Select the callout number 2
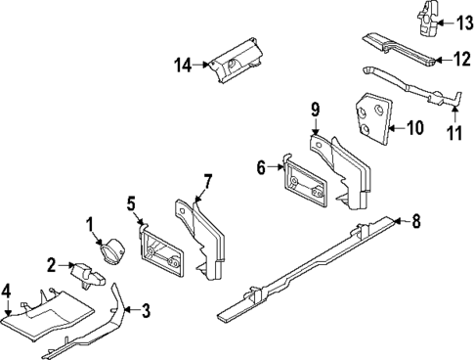click(52, 264)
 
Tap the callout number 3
click(146, 312)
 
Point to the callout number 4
click(7, 290)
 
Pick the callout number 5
click(131, 203)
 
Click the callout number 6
click(261, 167)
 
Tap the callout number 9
click(315, 110)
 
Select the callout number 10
click(415, 126)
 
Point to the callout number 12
click(459, 60)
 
